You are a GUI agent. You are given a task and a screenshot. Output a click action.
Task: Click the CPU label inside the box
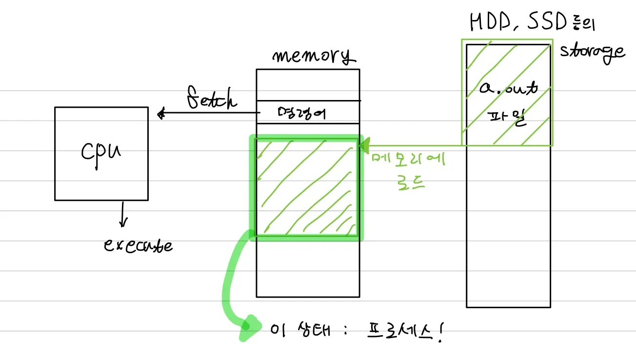click(101, 152)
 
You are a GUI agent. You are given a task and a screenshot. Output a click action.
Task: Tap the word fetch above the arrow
click(212, 99)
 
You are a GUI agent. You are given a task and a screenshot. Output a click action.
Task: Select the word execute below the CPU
click(138, 245)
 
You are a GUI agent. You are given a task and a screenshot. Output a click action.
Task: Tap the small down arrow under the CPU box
click(122, 218)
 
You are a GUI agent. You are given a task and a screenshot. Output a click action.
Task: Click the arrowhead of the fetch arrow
click(161, 115)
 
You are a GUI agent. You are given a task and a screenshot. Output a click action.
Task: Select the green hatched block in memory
click(306, 188)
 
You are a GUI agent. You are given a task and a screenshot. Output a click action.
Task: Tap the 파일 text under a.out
click(508, 119)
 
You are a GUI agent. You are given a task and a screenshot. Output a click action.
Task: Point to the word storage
click(592, 51)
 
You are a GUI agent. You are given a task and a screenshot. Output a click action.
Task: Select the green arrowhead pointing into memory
click(363, 144)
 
